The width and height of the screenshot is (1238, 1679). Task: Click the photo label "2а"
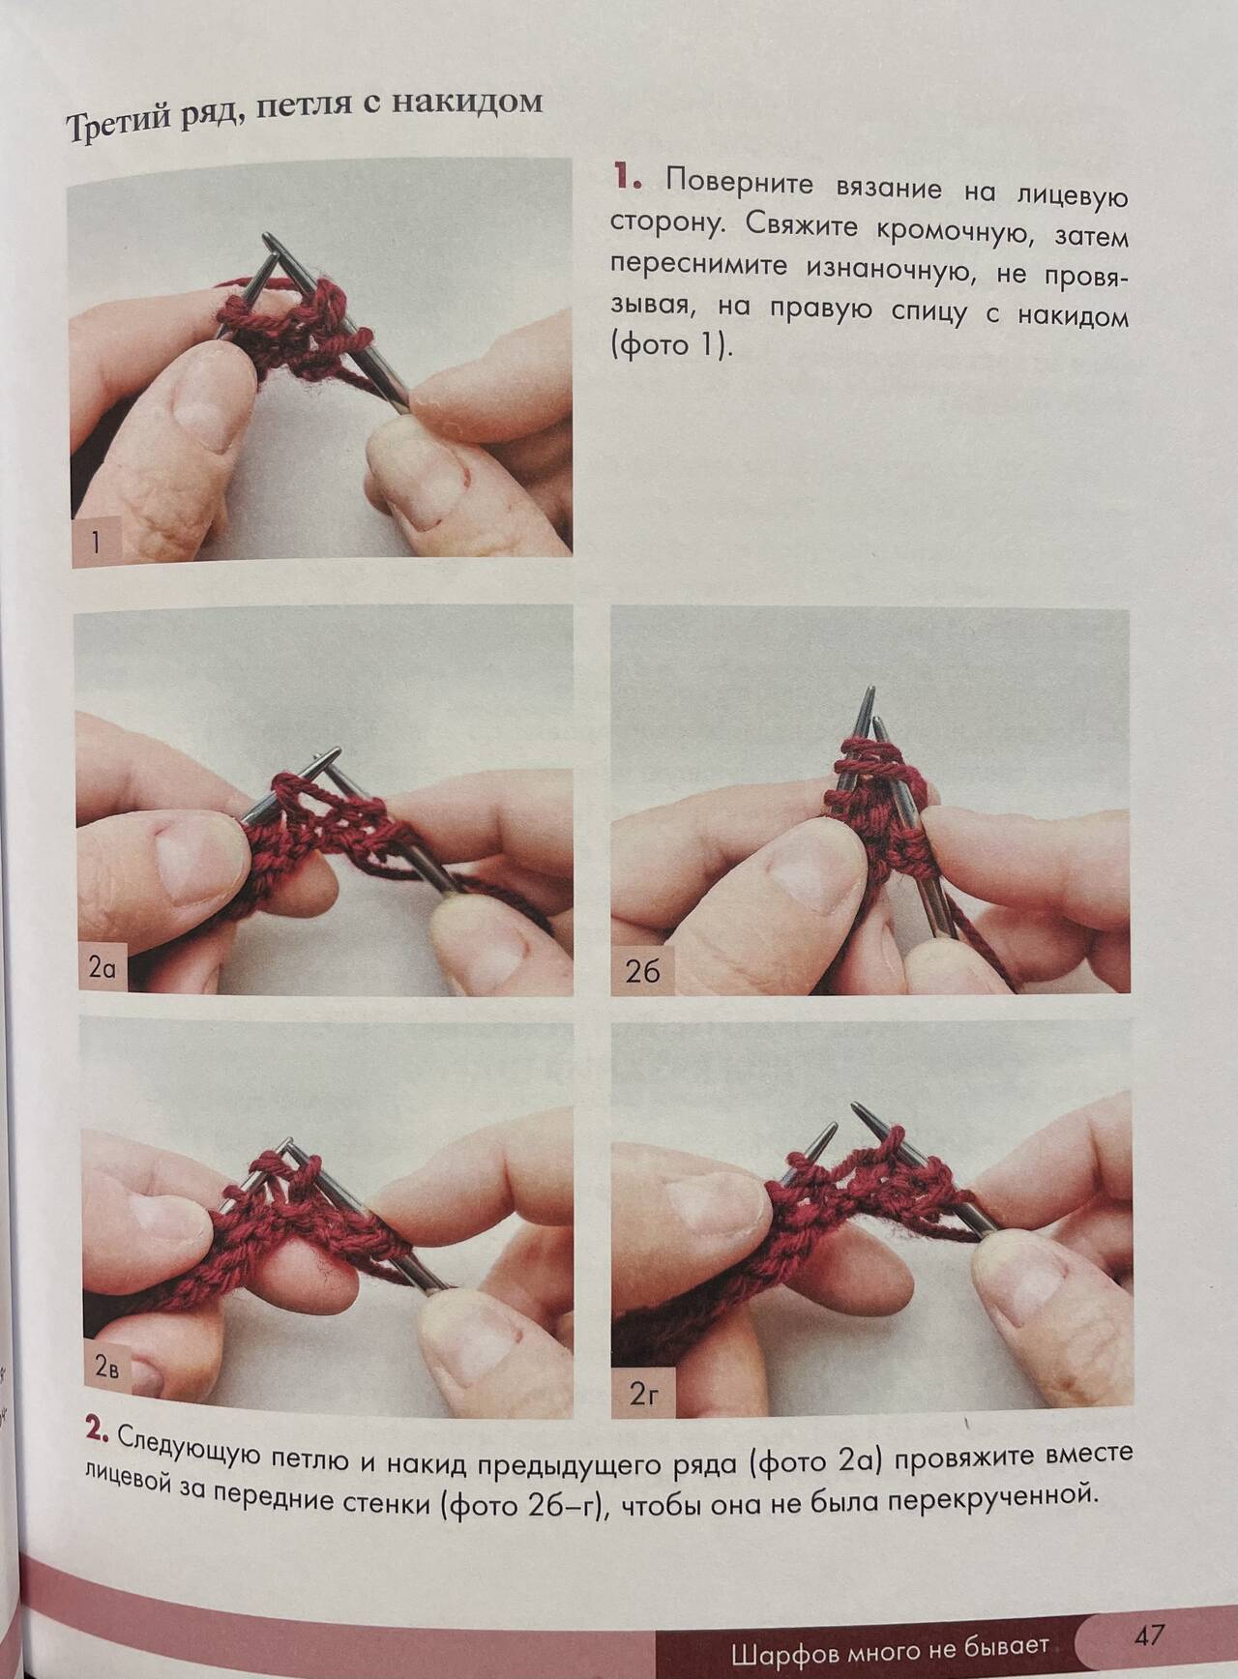[102, 967]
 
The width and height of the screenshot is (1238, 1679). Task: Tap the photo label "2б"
[642, 971]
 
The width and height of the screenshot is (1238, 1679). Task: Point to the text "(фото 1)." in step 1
[672, 346]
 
